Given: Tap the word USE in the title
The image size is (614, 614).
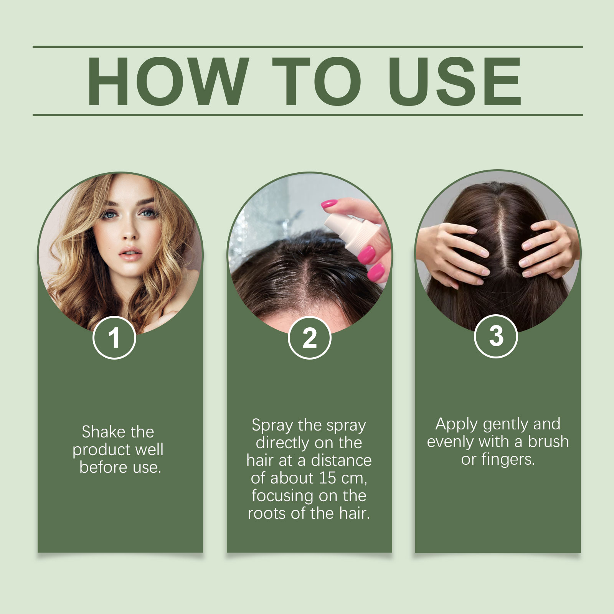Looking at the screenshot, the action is (x=455, y=81).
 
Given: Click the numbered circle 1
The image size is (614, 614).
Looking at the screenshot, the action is (x=114, y=338).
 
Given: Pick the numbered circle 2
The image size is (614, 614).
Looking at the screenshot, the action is (x=309, y=338).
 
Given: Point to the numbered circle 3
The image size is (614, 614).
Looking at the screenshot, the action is (x=496, y=336).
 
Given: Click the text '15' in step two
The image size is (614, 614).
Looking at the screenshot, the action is (x=327, y=478).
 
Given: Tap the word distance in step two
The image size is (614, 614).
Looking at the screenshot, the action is (x=341, y=460).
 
